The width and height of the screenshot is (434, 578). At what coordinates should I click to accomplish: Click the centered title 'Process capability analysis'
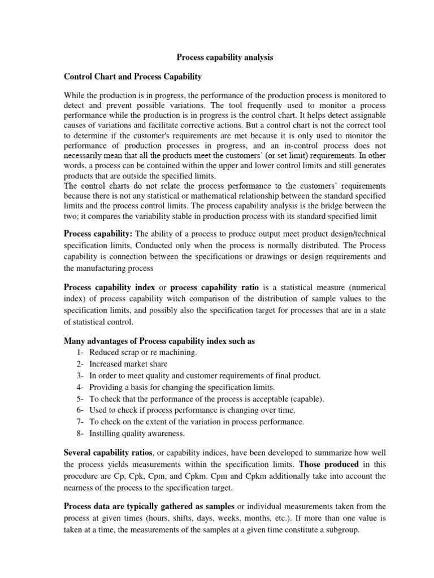[x=217, y=57]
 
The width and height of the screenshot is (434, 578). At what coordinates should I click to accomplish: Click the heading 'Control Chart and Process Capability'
[x=133, y=76]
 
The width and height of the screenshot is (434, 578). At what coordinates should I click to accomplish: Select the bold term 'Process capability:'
[x=98, y=234]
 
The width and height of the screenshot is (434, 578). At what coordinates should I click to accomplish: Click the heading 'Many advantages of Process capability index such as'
[x=167, y=340]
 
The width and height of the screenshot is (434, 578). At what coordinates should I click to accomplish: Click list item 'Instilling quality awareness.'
[x=137, y=433]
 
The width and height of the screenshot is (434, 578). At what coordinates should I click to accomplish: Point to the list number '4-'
[x=79, y=387]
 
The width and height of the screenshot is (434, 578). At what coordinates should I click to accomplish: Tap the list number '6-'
[x=79, y=410]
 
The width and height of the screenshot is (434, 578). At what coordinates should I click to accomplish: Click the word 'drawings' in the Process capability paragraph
[x=254, y=257]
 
